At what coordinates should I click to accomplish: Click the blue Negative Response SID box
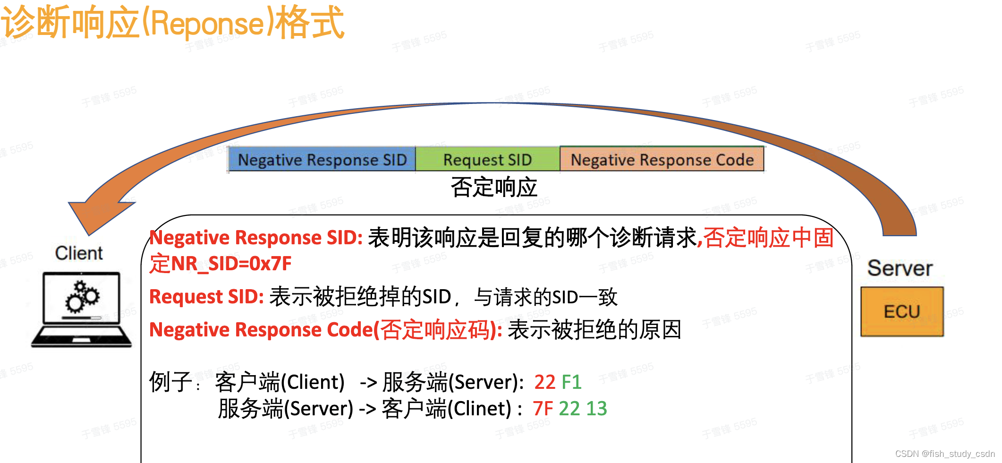coord(322,160)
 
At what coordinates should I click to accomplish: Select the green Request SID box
coord(487,160)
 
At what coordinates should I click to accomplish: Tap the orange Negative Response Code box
coord(662,160)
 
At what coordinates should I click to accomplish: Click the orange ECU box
coord(901,312)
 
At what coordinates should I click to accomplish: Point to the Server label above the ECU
coord(900,268)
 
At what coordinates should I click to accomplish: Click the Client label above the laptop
coord(79,253)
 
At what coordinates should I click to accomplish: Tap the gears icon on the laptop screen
coord(82,297)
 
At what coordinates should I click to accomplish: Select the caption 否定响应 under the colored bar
coord(494,188)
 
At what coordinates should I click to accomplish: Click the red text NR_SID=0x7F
coord(231,264)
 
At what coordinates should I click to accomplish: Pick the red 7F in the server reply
coord(543,409)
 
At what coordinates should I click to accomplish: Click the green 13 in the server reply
coord(596,409)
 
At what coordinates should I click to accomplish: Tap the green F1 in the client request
coord(571,382)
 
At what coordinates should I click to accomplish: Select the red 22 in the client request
coord(544,382)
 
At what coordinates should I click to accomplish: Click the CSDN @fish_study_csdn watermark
coord(944,454)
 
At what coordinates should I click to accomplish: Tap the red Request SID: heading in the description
coord(206,297)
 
